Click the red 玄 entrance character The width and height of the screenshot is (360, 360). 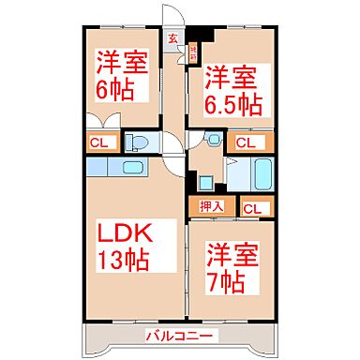pyautogui.click(x=173, y=39)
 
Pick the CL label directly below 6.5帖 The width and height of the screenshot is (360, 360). pyautogui.click(x=247, y=143)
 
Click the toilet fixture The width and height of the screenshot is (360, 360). pyautogui.click(x=137, y=142)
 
